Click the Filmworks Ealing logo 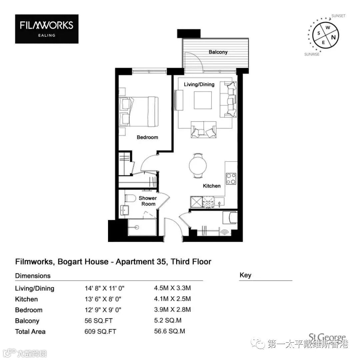pos(47,29)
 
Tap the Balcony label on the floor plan pos(218,52)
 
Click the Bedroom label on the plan pos(147,137)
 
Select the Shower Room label pos(148,201)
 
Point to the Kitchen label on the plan pos(212,186)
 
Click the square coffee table pos(203,100)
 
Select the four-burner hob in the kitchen pos(231,179)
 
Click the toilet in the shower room pos(130,198)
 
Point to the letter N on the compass pos(333,37)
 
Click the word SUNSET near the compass pos(338,16)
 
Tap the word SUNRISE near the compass pos(312,54)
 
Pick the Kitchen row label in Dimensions pos(26,299)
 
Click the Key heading pos(245,275)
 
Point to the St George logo pos(327,337)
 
